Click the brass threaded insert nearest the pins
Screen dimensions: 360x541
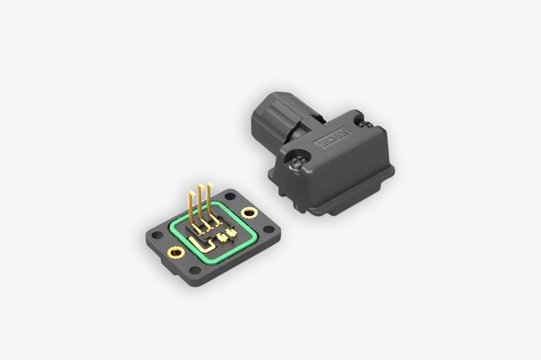(x=248, y=212)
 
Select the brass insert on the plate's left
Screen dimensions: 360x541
(x=175, y=251)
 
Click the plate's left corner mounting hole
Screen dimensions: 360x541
(x=156, y=235)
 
